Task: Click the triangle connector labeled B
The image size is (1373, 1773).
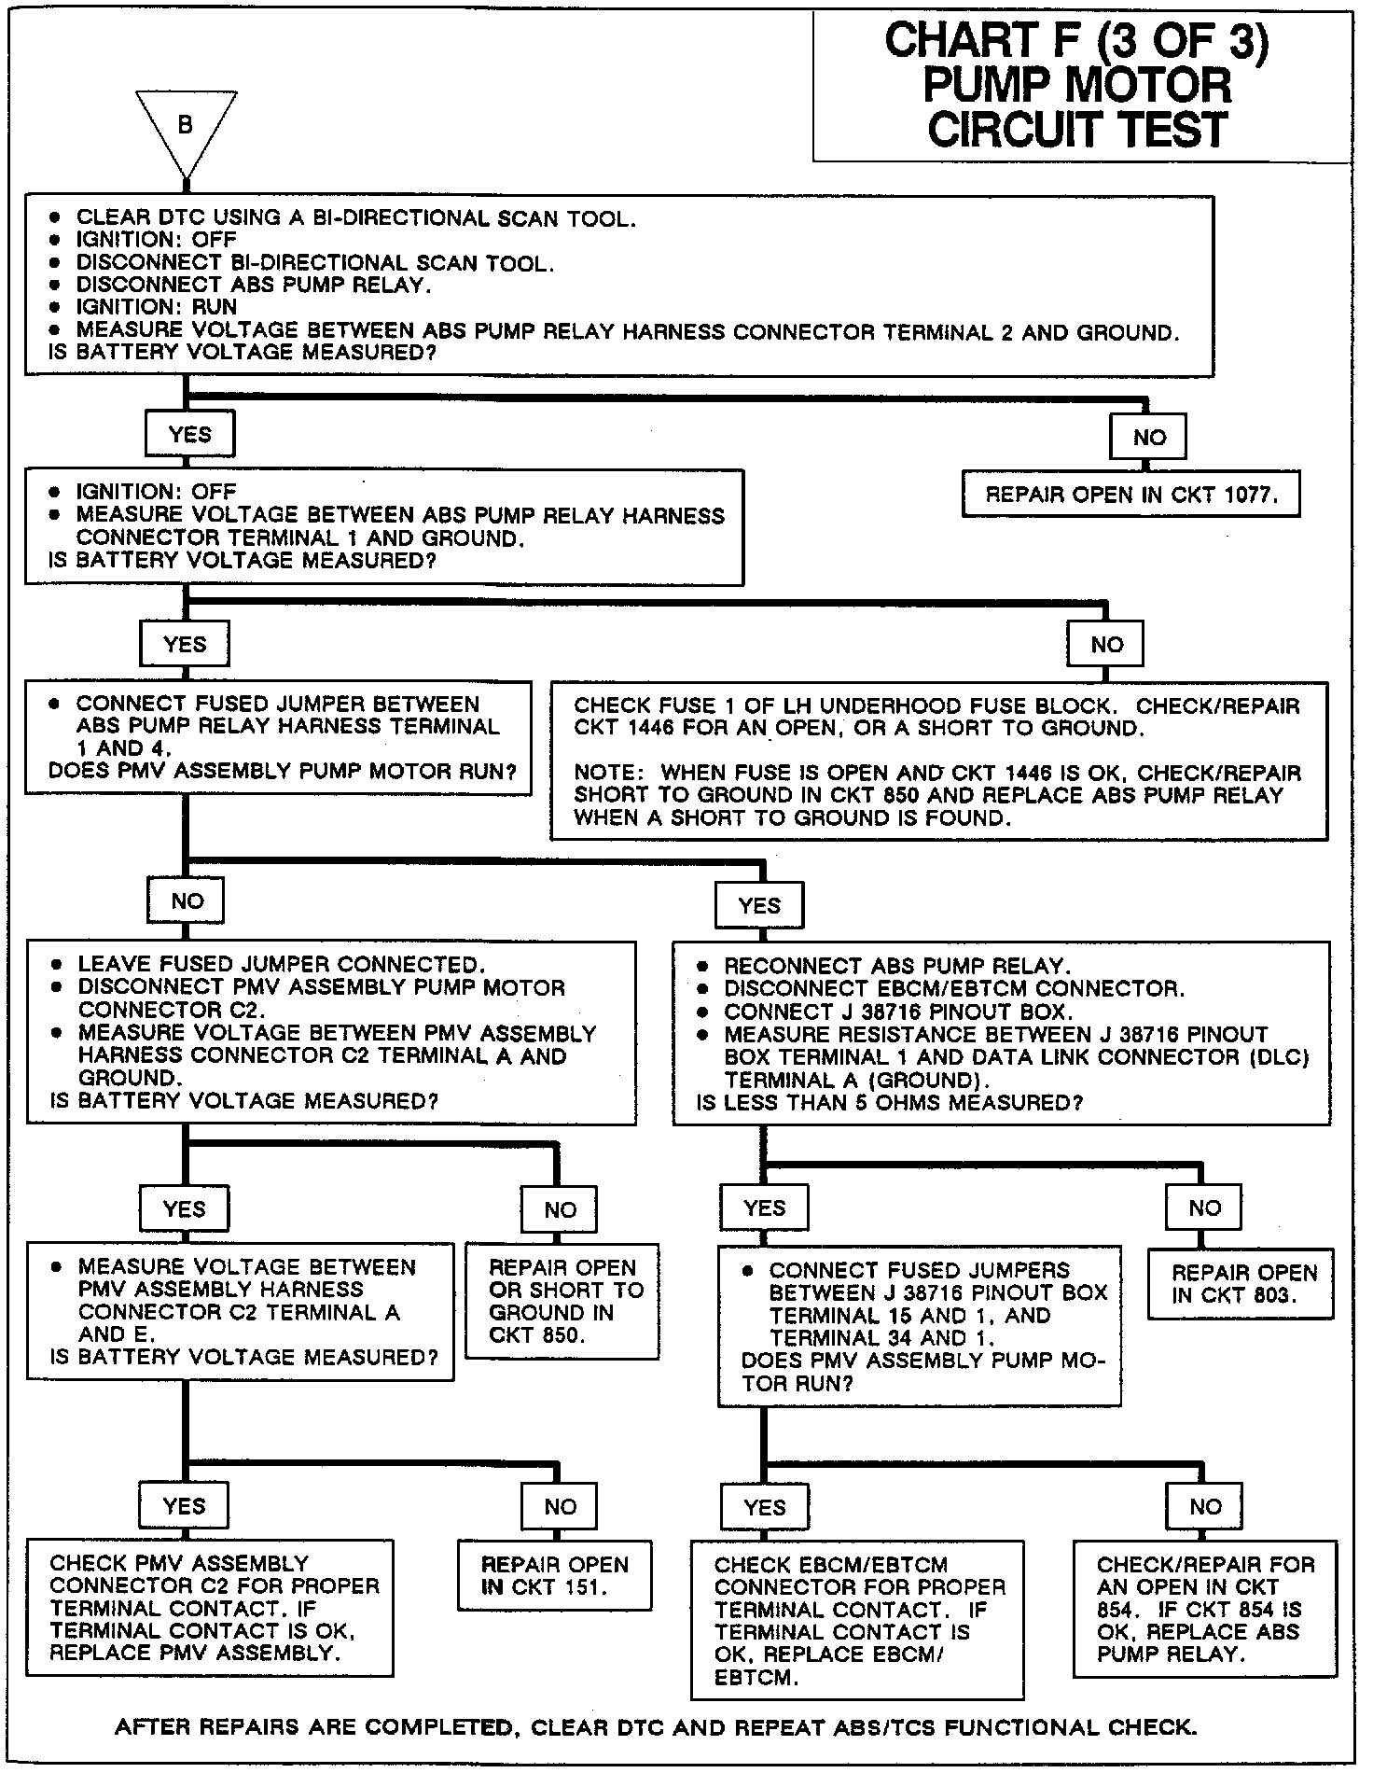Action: click(186, 127)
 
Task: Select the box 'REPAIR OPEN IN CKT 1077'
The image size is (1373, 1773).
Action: click(1130, 495)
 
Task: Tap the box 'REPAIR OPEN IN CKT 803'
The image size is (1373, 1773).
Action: click(1241, 1284)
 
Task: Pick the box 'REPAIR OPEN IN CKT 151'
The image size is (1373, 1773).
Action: click(554, 1575)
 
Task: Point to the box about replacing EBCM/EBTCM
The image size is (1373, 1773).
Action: click(857, 1619)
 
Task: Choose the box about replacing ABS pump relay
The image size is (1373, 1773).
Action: click(1205, 1608)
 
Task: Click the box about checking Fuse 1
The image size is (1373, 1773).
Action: click(938, 761)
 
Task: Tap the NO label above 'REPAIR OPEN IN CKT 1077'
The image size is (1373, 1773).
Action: click(1148, 438)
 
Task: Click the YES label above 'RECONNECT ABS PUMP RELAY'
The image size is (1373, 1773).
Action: click(758, 905)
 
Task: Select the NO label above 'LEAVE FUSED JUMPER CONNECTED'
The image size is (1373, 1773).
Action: click(187, 900)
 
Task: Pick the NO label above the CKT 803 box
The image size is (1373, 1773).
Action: click(1204, 1208)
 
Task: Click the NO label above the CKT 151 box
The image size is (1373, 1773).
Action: click(560, 1506)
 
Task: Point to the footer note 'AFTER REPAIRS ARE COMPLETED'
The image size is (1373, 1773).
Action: click(655, 1727)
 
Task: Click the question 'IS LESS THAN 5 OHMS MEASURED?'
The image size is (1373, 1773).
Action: click(889, 1103)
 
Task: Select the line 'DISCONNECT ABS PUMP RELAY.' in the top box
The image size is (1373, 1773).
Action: click(253, 285)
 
